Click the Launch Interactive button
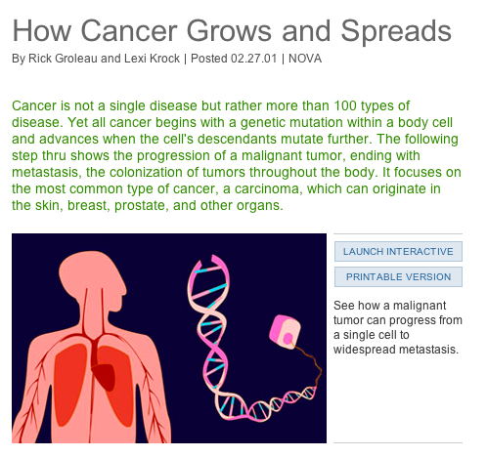tap(398, 251)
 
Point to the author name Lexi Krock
tap(155, 59)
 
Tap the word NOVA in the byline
tap(305, 59)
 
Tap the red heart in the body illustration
tap(101, 366)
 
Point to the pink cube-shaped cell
tap(285, 332)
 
